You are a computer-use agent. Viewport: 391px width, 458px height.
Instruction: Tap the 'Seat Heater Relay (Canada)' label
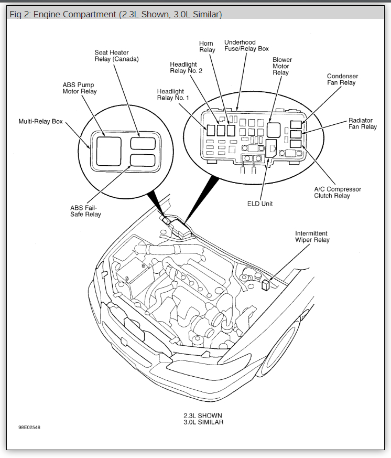[116, 56]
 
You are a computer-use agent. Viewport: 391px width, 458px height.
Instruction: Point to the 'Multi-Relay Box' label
[40, 122]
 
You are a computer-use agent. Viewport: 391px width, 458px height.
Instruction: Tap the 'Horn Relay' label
[207, 46]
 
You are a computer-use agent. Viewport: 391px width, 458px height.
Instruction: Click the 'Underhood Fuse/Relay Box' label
[246, 45]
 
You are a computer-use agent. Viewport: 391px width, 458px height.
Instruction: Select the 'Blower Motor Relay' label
[282, 66]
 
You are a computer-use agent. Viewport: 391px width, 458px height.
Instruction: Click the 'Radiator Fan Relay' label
[362, 124]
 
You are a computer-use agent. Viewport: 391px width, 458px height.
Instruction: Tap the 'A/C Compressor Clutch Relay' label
[337, 193]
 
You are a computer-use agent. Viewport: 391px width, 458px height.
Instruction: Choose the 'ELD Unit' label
[260, 204]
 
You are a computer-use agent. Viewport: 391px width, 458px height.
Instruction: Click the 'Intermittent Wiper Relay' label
[312, 237]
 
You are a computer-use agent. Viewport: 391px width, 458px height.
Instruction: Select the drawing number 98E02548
[29, 427]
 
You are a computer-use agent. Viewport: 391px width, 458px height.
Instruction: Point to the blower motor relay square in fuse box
[274, 130]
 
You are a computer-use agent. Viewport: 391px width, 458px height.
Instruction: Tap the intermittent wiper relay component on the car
[266, 285]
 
